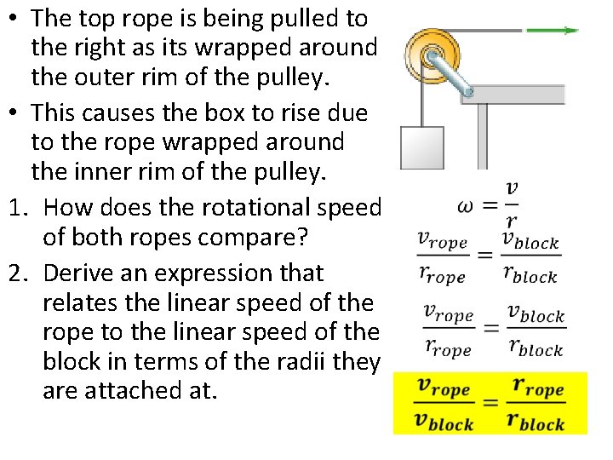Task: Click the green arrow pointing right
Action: pos(552,31)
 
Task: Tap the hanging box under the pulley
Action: pos(421,149)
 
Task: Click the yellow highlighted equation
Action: pos(490,403)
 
